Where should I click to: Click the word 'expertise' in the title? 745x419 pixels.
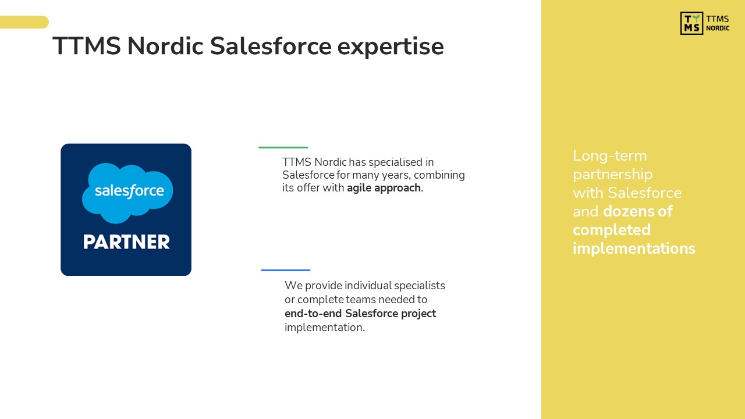[391, 47]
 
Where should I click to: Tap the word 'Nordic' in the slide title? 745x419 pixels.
[165, 45]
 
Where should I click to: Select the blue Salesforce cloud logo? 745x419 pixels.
[127, 193]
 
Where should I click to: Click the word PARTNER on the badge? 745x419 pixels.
[126, 242]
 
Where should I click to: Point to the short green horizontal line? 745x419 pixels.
[283, 147]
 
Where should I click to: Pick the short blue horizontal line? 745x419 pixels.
[286, 271]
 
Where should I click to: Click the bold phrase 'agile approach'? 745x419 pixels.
[384, 188]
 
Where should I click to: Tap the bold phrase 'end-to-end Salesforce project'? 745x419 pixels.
[360, 314]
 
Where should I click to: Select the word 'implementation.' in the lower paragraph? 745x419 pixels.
[325, 328]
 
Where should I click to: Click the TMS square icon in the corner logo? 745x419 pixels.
[691, 23]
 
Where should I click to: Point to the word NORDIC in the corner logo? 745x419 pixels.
[718, 29]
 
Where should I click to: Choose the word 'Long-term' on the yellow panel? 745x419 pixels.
[609, 155]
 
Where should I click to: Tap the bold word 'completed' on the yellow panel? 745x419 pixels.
[612, 230]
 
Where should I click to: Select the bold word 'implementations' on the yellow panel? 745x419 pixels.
[634, 248]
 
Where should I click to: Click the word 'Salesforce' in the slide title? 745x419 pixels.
[271, 45]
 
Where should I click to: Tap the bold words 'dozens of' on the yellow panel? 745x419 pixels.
[638, 211]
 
